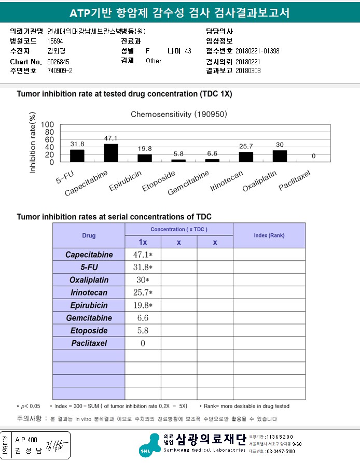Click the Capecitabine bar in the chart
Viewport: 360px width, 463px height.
point(111,153)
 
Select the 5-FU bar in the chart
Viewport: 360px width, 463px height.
point(77,156)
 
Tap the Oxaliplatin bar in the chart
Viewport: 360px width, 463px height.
point(280,156)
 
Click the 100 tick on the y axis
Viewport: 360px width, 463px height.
point(47,125)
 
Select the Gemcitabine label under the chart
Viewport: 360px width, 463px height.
point(189,183)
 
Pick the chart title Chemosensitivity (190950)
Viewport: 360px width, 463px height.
point(178,114)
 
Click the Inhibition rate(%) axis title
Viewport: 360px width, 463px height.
point(33,143)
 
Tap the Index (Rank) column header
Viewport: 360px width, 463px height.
point(269,235)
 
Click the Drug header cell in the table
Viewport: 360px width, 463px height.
point(89,235)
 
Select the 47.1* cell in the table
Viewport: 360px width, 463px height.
point(143,255)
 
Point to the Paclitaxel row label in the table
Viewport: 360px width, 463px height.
point(89,343)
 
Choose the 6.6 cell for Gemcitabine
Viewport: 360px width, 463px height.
point(143,318)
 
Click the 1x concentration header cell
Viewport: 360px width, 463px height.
point(143,242)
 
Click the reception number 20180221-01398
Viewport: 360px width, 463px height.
point(257,51)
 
